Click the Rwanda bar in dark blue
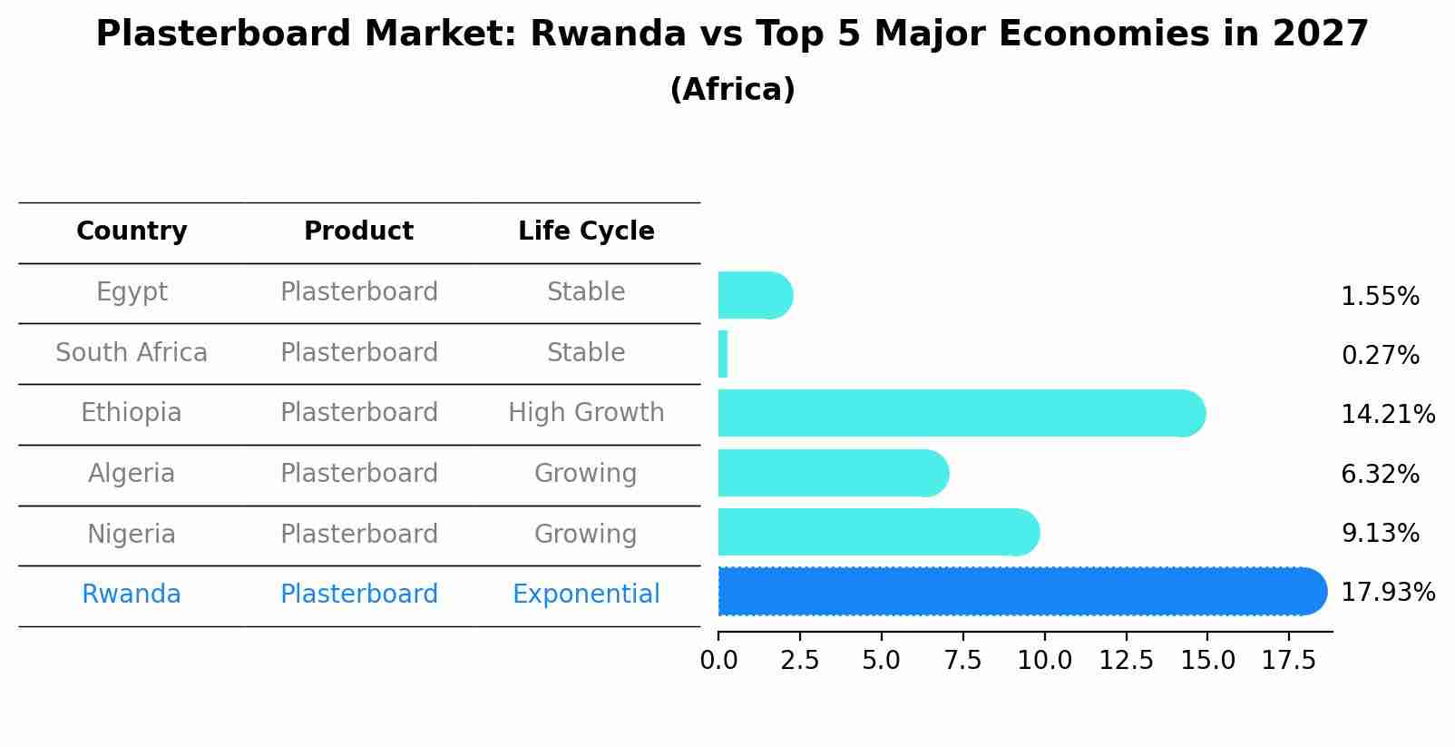point(1023,591)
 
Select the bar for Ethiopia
point(962,414)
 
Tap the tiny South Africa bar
point(723,354)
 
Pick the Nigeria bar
point(879,533)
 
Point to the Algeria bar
point(834,473)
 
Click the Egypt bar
point(756,295)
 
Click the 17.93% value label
point(1388,593)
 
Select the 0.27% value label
point(1381,355)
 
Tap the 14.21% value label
point(1388,414)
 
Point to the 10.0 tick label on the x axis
point(1044,660)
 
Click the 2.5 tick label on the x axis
point(799,660)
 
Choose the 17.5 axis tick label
point(1289,660)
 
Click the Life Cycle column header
point(587,231)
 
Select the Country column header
point(132,231)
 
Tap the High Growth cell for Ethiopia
point(587,413)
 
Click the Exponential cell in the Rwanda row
point(587,595)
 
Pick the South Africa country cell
point(132,352)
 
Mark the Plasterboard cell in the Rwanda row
point(359,595)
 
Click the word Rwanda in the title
point(608,34)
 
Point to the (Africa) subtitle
point(733,89)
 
